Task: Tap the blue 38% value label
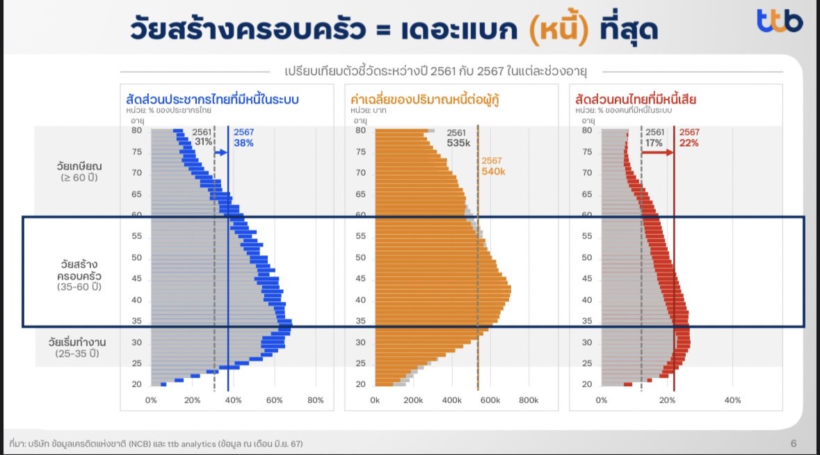point(243,143)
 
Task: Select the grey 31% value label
point(203,142)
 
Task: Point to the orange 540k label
point(493,172)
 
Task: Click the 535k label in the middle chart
point(458,143)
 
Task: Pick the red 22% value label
point(689,143)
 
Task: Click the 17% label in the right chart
point(654,143)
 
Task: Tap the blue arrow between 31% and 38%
point(220,153)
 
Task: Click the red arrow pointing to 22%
point(657,152)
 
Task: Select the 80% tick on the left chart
point(315,400)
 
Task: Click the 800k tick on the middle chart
point(528,400)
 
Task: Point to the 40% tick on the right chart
point(732,400)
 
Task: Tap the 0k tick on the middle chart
point(374,400)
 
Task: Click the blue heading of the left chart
point(212,99)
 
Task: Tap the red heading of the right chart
point(636,99)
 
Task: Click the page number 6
point(794,443)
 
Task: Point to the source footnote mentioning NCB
point(156,444)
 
